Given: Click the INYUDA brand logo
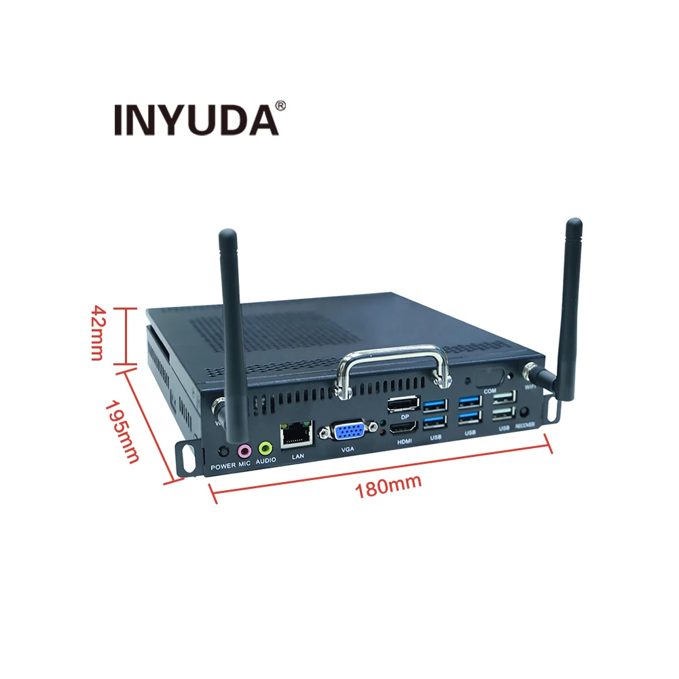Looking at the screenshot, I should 196,120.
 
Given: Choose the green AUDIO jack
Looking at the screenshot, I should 265,448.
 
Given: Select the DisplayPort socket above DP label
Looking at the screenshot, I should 403,405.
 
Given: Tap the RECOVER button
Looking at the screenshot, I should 524,412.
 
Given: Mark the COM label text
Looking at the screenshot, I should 490,391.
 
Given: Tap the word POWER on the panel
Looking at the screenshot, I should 222,466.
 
